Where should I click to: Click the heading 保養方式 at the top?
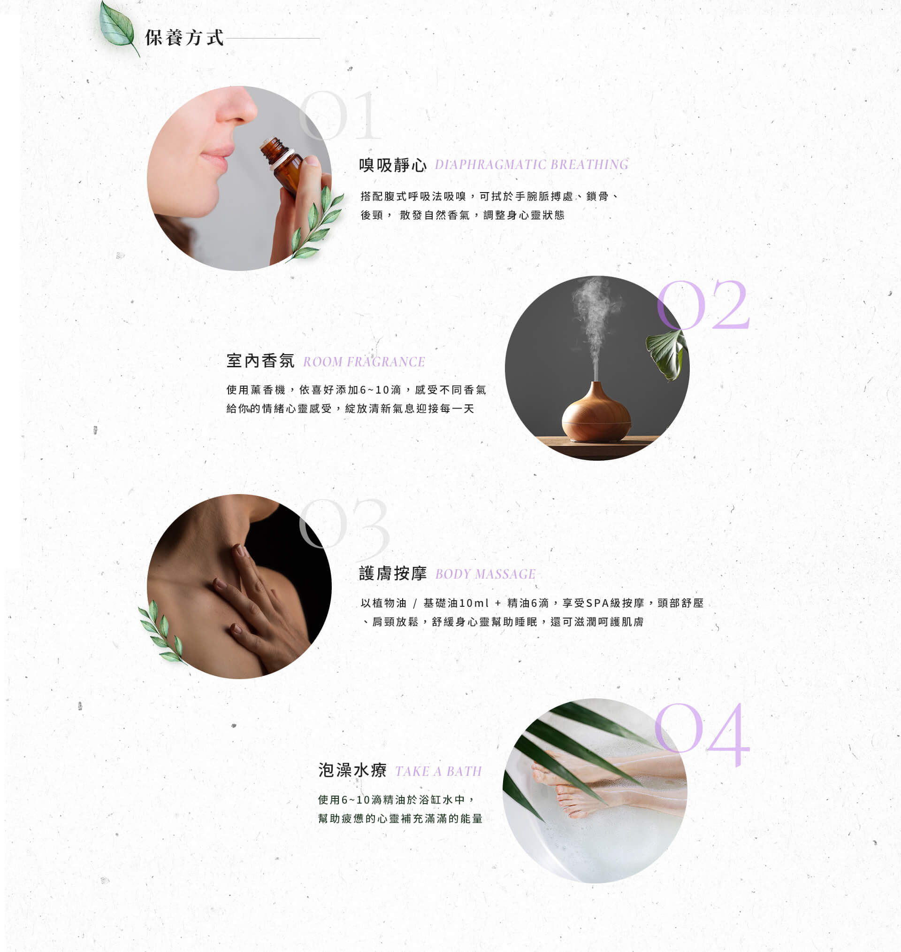184,38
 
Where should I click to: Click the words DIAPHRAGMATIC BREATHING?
532,165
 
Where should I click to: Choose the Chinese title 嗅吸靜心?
393,165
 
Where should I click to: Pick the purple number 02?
702,305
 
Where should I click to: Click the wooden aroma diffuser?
596,412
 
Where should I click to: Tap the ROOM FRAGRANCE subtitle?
364,362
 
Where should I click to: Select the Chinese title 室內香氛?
260,361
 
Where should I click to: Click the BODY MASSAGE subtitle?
485,574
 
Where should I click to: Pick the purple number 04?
702,734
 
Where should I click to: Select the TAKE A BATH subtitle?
438,771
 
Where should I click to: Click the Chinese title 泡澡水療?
352,770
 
